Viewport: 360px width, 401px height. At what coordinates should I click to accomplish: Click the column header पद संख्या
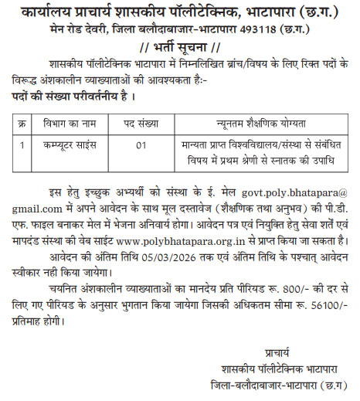tap(141, 122)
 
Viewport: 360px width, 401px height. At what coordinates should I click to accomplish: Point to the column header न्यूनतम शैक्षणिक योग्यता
tap(261, 122)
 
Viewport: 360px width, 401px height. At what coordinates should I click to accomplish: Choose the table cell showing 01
tap(141, 143)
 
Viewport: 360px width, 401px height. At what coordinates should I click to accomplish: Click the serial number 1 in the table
tap(23, 143)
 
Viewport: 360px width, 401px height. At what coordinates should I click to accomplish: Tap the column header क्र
tap(23, 122)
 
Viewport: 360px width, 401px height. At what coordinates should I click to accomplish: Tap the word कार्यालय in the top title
tap(50, 12)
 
